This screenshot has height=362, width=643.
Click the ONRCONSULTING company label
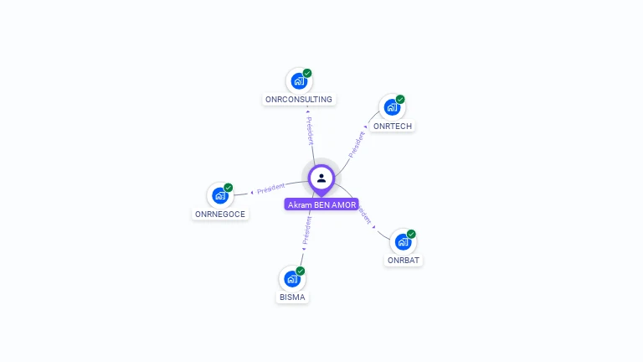299,99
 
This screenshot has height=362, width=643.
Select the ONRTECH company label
393,126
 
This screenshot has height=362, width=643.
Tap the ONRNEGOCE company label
220,214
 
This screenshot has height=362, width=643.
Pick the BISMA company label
292,297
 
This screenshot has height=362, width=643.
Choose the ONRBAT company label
404,260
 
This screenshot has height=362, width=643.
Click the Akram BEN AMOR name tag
321,204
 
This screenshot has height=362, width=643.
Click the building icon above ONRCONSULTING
298,81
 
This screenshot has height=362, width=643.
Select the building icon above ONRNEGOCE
220,195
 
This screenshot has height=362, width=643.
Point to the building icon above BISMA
291,278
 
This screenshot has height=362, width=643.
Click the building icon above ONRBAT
403,241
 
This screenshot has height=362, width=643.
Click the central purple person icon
321,178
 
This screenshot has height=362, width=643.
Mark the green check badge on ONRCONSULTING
307,73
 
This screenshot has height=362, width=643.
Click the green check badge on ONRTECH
400,99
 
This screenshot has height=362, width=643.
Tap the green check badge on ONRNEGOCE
229,188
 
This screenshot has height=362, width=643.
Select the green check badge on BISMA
301,271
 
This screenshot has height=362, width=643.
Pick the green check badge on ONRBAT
411,234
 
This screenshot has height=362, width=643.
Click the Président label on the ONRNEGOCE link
270,189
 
